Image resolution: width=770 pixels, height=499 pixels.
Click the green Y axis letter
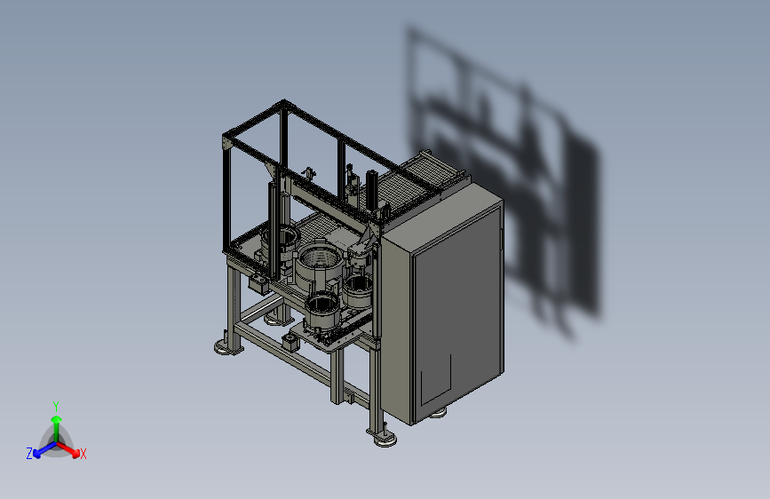pos(56,406)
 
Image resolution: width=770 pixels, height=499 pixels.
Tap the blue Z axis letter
pos(29,454)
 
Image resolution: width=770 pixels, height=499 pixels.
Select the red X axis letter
pos(83,454)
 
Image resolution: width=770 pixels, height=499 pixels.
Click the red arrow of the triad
pos(68,449)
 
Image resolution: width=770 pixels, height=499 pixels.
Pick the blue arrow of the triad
pos(44,449)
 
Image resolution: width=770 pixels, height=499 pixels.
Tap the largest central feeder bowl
pos(318,267)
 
